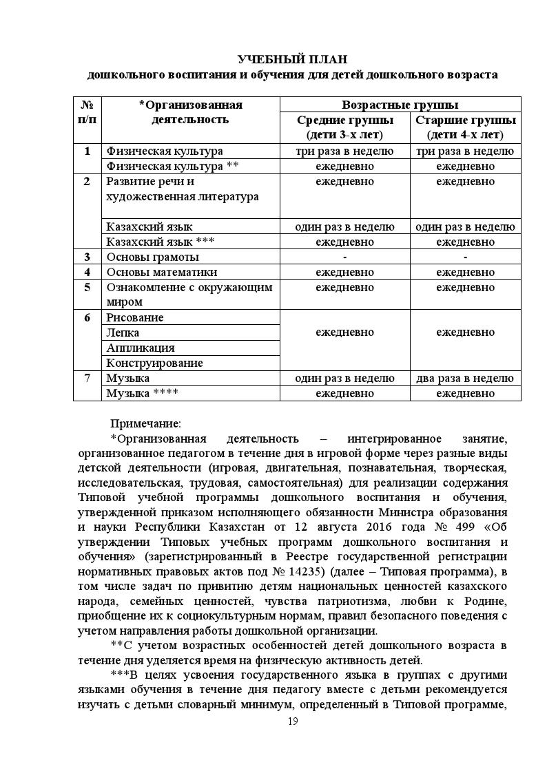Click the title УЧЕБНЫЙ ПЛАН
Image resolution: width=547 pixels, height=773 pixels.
coord(293,59)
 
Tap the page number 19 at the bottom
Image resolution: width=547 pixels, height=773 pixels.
coord(293,721)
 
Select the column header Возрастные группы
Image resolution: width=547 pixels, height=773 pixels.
coord(400,105)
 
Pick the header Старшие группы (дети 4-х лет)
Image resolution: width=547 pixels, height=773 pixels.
coord(465,127)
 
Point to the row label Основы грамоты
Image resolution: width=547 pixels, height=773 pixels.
coord(152,257)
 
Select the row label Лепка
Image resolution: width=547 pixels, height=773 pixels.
coord(123,332)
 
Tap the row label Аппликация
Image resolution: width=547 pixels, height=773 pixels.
coord(141,348)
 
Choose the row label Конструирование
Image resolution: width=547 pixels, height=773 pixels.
coord(154,363)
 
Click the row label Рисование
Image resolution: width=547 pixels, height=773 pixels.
coord(135,317)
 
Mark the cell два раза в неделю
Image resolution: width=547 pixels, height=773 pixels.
coord(465,378)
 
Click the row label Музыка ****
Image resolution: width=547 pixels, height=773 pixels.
coord(143,393)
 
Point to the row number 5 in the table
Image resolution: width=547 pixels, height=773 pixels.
coord(87,287)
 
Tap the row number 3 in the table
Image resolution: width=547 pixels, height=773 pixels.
coord(87,257)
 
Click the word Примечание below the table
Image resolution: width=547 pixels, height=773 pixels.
coord(145,423)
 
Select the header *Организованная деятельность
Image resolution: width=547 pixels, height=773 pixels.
coord(190,112)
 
